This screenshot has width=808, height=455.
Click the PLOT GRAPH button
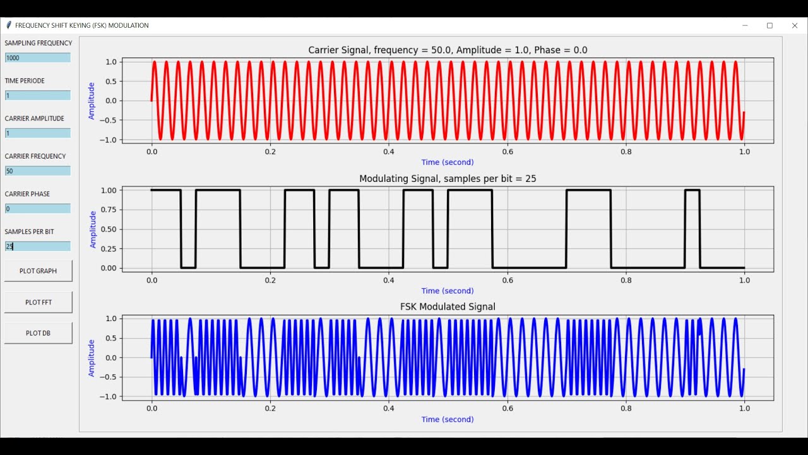38,271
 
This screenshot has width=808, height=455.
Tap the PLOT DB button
38,333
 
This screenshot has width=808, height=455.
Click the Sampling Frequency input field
38,58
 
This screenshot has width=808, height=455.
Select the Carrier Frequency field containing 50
38,171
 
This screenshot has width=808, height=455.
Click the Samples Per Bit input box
38,246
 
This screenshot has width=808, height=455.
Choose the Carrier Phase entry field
38,209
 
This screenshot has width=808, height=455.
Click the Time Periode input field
38,95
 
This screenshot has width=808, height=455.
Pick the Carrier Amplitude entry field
38,133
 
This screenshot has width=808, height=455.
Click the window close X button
795,26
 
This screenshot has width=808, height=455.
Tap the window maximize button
769,26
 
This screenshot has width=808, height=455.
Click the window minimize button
745,26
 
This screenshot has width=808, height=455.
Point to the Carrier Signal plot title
448,50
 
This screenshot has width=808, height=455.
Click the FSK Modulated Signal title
448,306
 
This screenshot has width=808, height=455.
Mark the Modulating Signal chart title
448,179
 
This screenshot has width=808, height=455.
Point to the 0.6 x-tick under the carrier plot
389,152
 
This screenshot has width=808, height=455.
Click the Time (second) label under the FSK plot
448,419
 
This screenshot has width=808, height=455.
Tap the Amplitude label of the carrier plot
92,100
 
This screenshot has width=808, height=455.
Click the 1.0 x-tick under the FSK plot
745,409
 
